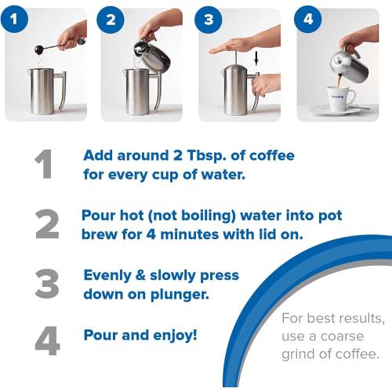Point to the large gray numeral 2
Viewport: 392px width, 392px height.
47,224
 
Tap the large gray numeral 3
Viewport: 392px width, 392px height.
47,285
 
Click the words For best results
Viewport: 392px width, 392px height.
333,320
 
